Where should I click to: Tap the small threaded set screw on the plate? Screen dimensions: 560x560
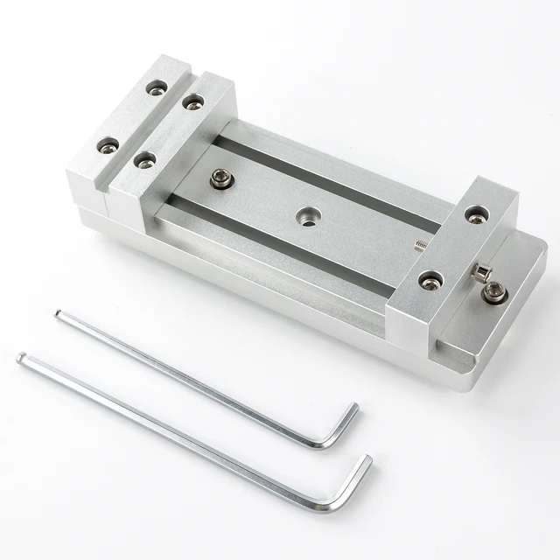[x=419, y=245]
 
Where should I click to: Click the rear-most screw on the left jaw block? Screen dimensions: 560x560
[x=157, y=87]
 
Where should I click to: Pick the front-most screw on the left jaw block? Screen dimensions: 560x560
[x=145, y=160]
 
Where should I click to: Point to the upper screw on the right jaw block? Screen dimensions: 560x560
[x=475, y=213]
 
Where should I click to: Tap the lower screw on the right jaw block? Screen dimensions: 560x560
[x=429, y=280]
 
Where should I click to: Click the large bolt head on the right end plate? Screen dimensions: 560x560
[x=495, y=292]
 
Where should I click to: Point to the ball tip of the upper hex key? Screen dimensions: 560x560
[x=58, y=314]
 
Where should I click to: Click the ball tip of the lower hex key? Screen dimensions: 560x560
[x=21, y=357]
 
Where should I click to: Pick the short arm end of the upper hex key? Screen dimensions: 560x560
[x=353, y=407]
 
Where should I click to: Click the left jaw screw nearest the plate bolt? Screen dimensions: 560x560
[x=145, y=160]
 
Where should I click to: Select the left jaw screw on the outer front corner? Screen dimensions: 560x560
[x=108, y=144]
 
